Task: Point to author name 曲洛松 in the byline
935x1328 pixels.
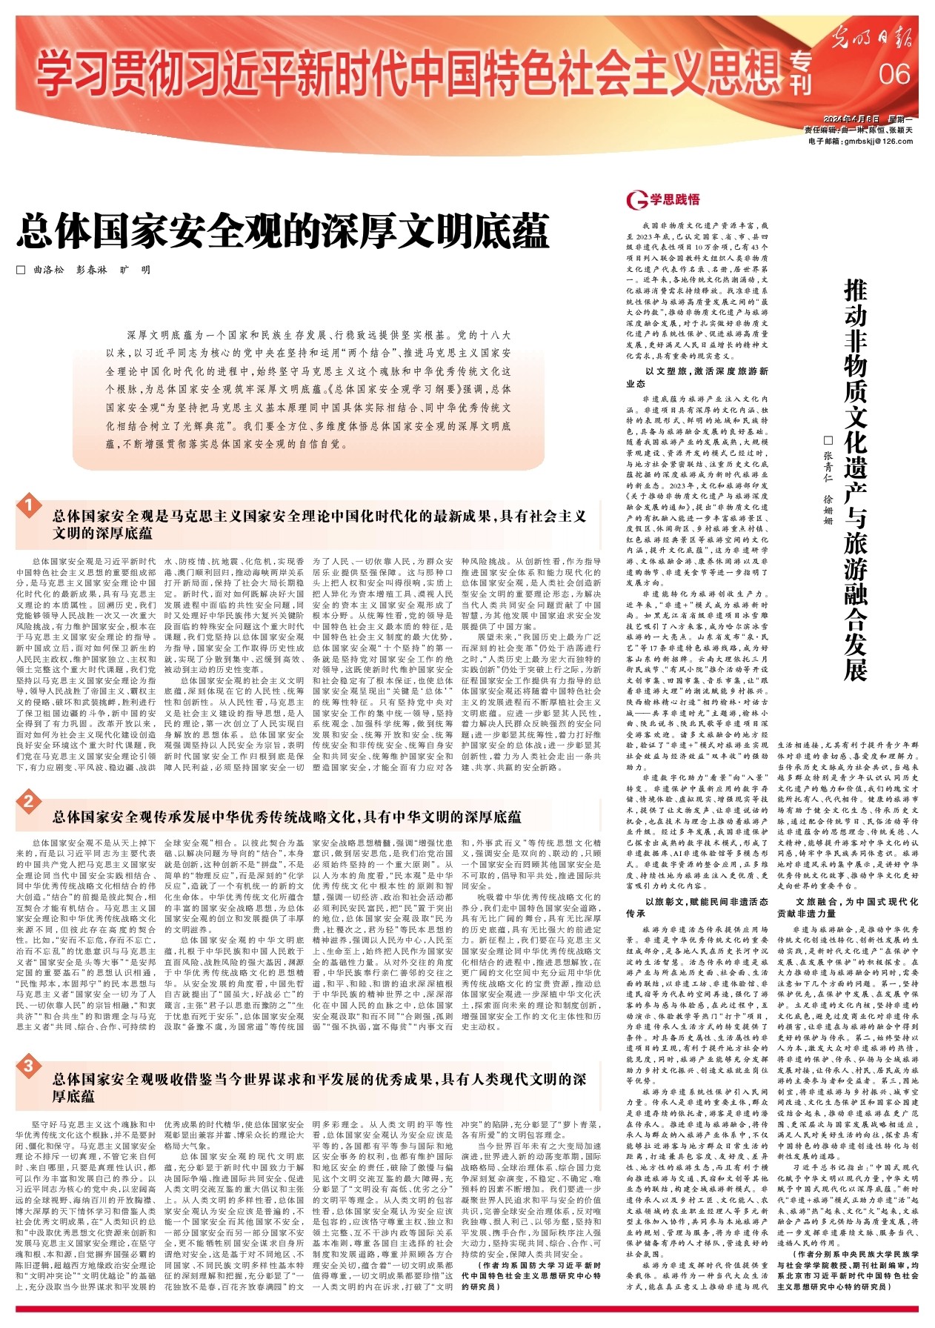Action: click(49, 270)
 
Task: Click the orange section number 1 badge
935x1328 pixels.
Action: click(28, 506)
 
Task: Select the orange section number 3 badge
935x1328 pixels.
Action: click(28, 1067)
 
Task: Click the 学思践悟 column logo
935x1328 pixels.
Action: click(663, 199)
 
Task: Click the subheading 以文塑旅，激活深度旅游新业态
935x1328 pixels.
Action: click(696, 377)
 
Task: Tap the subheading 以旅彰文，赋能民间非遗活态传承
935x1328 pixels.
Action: click(696, 908)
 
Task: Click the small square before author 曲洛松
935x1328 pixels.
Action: click(21, 270)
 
